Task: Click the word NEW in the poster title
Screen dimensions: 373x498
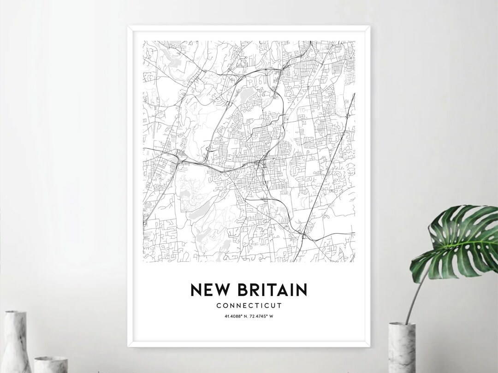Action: (x=208, y=290)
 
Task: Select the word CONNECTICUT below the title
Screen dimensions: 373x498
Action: (x=249, y=305)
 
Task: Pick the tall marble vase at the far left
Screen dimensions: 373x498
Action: (x=16, y=341)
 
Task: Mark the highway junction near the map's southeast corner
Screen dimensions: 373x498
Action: (x=304, y=236)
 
